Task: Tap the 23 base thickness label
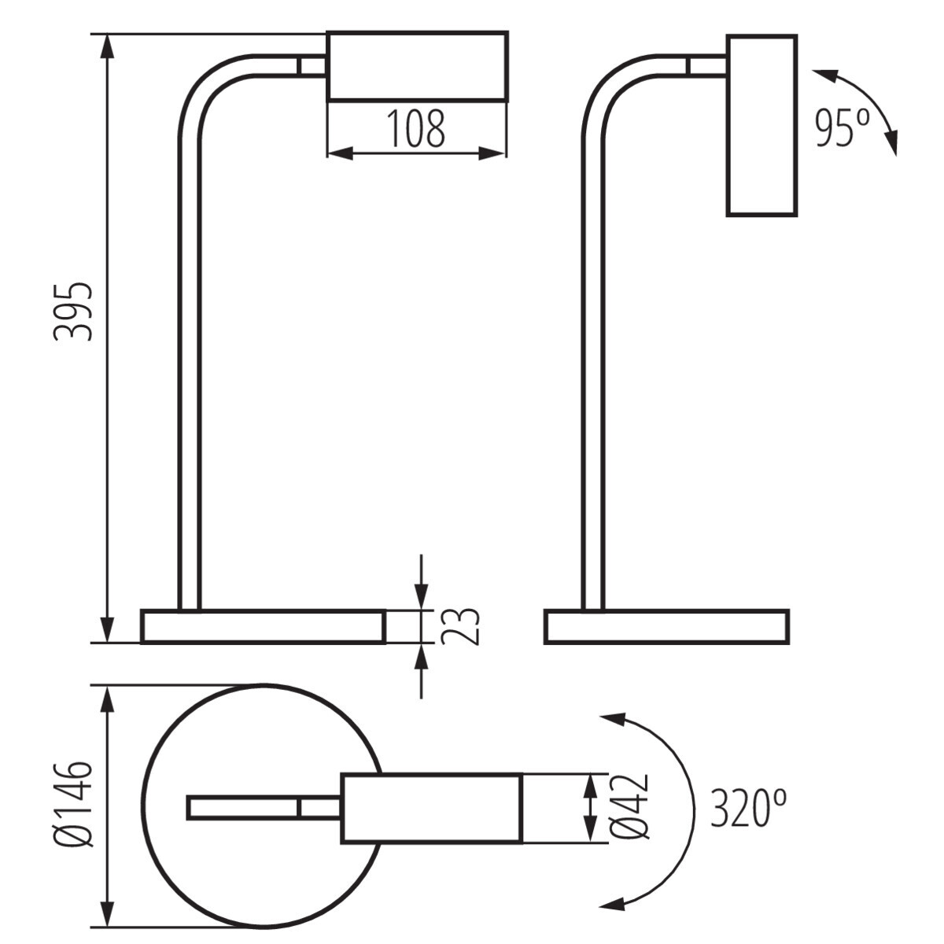pyautogui.click(x=459, y=626)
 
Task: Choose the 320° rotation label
pyautogui.click(x=747, y=808)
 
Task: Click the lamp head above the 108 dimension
pyautogui.click(x=417, y=66)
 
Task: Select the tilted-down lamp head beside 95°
pyautogui.click(x=761, y=125)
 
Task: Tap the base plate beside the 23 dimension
pyautogui.click(x=263, y=626)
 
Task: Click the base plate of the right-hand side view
pyautogui.click(x=666, y=626)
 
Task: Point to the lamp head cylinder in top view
pyautogui.click(x=431, y=808)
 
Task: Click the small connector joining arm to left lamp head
pyautogui.click(x=312, y=66)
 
